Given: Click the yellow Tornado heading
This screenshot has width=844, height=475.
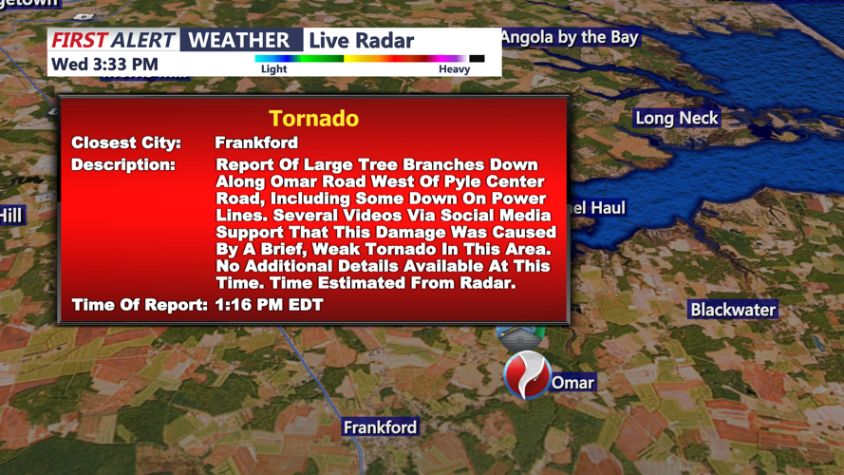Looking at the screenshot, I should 313,119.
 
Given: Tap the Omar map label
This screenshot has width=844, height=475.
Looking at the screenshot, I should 572,383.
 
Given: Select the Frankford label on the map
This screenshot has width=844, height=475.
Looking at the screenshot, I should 380,427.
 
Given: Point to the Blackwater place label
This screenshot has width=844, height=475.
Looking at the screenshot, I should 733,310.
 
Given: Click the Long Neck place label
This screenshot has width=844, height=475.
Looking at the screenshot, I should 677,119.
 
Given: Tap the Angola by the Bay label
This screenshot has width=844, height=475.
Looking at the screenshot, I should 569,38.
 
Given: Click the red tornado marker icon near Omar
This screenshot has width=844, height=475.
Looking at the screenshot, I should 526,374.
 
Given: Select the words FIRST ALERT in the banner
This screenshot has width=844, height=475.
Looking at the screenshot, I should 113,40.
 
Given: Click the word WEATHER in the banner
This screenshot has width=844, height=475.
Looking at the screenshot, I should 240,40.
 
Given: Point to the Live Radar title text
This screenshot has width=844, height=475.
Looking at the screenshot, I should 362,40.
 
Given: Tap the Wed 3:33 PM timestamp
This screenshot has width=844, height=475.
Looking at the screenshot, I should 104,65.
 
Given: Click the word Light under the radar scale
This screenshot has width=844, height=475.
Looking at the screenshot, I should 273,69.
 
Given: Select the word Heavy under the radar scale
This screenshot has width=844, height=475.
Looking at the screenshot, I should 454,69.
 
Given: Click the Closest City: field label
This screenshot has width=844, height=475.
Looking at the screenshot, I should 126,143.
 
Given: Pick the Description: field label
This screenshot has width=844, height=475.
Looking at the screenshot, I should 123,165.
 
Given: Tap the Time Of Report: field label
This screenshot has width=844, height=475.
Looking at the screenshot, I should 140,305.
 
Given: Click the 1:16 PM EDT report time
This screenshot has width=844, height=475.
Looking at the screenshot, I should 269,305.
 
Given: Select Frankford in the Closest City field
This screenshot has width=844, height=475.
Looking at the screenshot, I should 256,143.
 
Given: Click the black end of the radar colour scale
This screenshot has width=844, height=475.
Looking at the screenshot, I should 477,59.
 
